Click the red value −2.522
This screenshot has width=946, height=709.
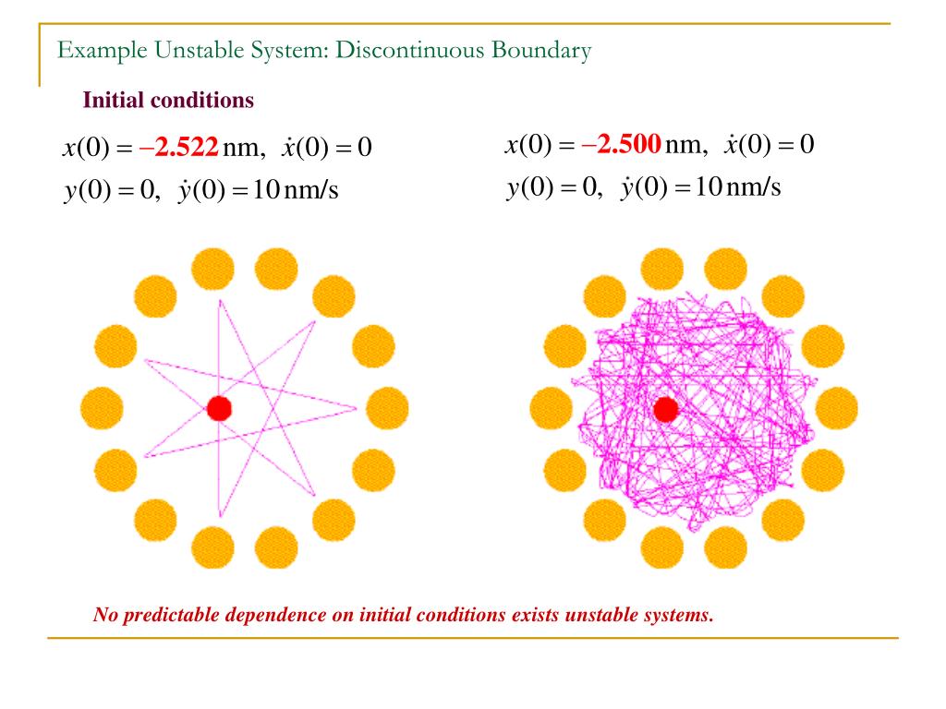[x=179, y=147]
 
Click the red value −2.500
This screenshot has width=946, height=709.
[x=622, y=144]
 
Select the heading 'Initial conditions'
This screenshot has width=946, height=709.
[x=168, y=101]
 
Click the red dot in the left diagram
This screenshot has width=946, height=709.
[x=219, y=408]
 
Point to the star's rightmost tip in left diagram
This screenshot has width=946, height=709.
[x=358, y=407]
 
